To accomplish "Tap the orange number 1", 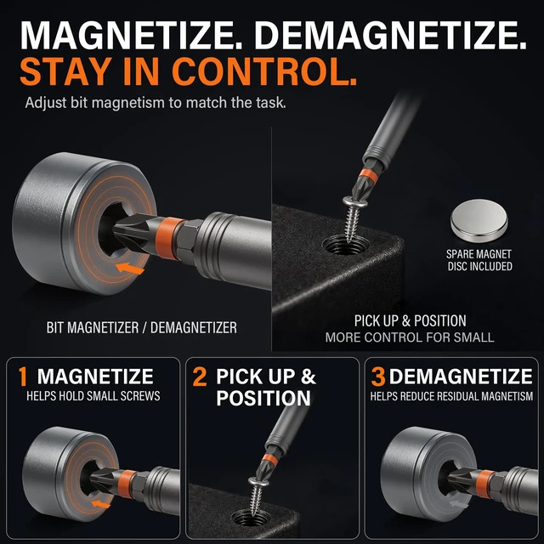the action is pyautogui.click(x=23, y=377).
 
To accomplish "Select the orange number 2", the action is pyautogui.click(x=200, y=377).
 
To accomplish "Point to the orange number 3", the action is pyautogui.click(x=378, y=377).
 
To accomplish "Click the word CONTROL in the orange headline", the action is pyautogui.click(x=264, y=71).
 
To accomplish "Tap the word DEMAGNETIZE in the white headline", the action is pyautogui.click(x=391, y=35).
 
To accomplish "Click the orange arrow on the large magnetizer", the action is pyautogui.click(x=130, y=269).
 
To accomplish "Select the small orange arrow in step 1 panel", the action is pyautogui.click(x=101, y=504).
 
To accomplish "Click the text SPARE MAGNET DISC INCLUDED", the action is pyautogui.click(x=479, y=260).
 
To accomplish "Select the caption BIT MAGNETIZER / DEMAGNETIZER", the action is pyautogui.click(x=142, y=328).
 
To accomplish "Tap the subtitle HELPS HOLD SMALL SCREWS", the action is pyautogui.click(x=93, y=396).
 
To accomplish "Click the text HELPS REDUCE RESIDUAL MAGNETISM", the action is pyautogui.click(x=451, y=396).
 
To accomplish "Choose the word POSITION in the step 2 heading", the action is pyautogui.click(x=263, y=399).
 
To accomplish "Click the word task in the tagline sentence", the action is pyautogui.click(x=271, y=103).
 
